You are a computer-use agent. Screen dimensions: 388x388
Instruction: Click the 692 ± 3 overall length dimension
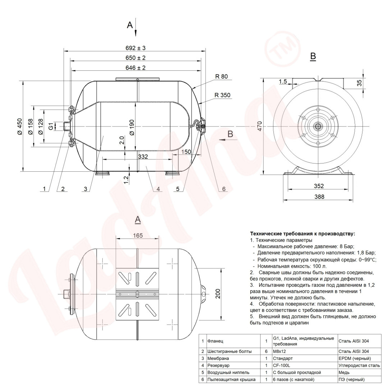pos(135,48)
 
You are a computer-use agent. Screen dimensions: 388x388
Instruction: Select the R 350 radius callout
pos(222,95)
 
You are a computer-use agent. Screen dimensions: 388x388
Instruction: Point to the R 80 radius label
pos(221,77)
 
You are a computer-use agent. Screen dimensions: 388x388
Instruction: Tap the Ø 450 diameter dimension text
pos(19,126)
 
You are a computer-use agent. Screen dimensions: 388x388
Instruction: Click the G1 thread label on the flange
pos(51,126)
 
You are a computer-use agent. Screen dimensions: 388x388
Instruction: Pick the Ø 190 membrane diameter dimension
pos(131,127)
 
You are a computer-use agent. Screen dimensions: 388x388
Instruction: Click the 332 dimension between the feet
pos(143,157)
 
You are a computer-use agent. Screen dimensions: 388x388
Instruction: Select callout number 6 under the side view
pos(224,189)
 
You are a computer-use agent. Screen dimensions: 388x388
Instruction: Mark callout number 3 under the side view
pos(86,189)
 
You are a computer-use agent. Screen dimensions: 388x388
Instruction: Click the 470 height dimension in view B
pos(260,126)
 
